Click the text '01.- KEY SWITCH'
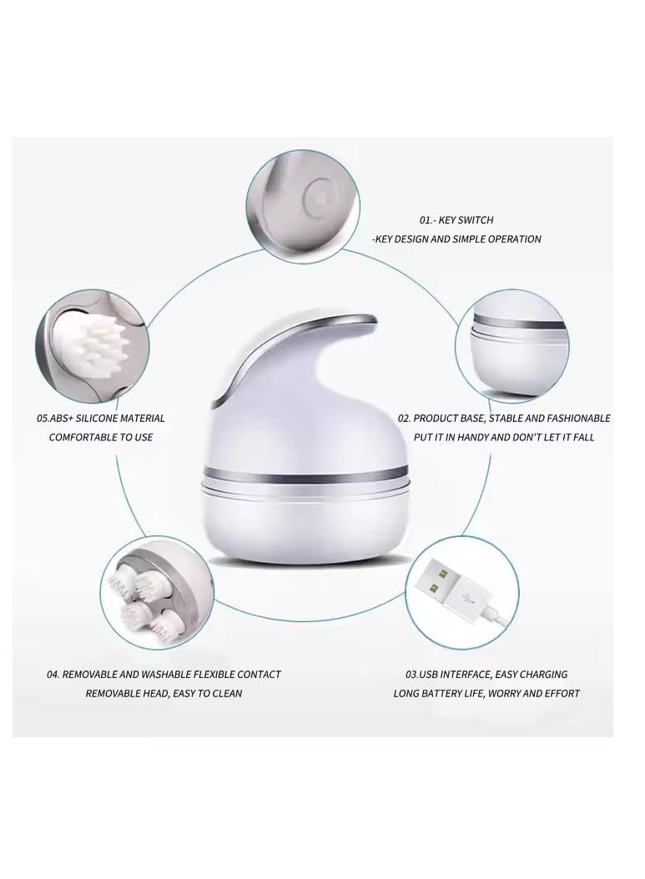tap(456, 220)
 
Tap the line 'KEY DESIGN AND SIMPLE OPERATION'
tap(457, 239)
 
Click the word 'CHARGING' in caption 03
tap(543, 674)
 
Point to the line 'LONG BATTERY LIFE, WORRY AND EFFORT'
tap(486, 693)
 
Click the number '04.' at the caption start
tap(53, 674)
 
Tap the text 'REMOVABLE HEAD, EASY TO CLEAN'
tap(164, 693)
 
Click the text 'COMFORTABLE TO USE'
tap(101, 437)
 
